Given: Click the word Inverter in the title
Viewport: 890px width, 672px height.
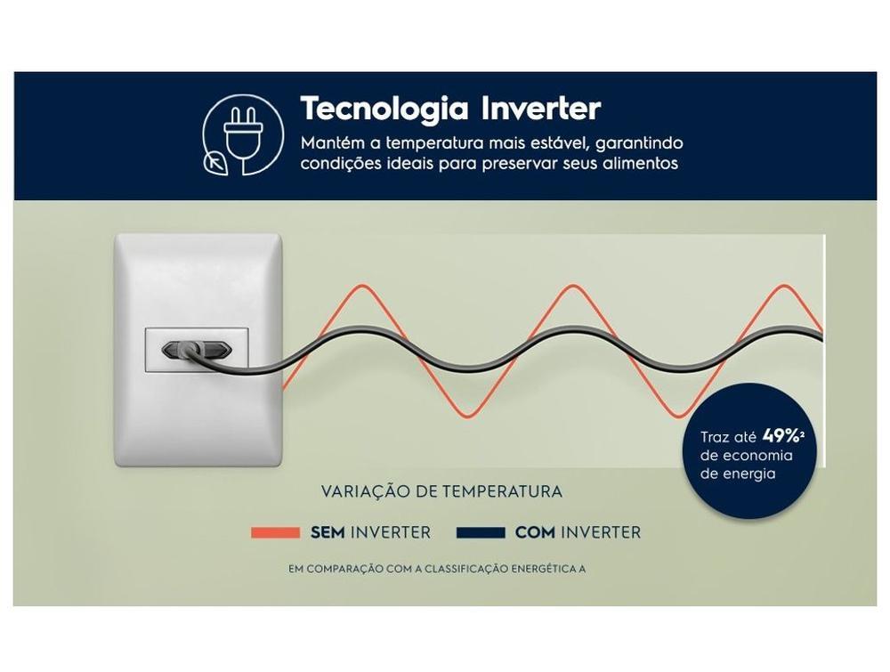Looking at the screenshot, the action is coord(541,108).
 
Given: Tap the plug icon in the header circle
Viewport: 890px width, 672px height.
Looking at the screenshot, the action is coord(244,136).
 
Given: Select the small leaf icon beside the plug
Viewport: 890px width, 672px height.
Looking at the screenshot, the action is coord(215,164).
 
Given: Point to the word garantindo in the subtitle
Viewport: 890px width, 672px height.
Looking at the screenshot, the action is coord(639,143).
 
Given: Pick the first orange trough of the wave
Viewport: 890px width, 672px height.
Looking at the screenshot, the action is coord(468,416).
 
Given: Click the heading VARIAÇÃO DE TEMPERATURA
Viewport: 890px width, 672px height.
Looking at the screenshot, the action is coord(441,491).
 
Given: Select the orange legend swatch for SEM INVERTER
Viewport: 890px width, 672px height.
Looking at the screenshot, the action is coord(275,532).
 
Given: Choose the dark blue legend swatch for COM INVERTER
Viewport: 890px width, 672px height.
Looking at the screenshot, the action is coord(481,532).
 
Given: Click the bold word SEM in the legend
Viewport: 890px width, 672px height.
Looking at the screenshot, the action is coord(328,532).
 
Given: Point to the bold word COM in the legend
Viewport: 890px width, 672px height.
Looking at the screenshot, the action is coord(535,532).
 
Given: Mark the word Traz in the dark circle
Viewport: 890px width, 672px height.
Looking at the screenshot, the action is coord(712,437).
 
